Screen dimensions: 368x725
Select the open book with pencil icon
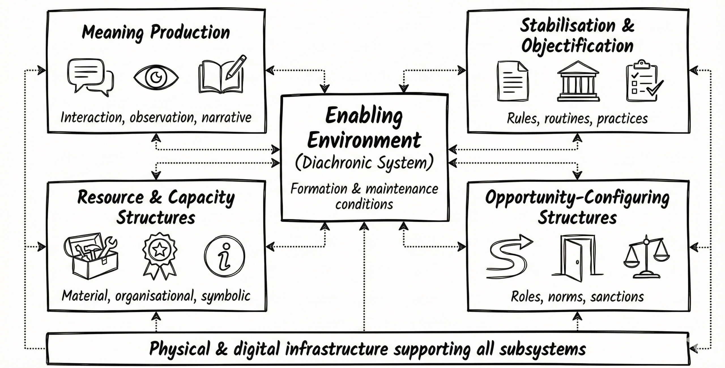(222, 75)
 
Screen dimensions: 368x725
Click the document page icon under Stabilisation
(513, 81)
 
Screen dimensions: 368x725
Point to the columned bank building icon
(578, 82)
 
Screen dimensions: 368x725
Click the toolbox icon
(91, 256)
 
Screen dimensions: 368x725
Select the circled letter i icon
(224, 256)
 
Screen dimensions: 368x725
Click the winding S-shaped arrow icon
(508, 256)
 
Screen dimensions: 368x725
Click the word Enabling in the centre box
(364, 116)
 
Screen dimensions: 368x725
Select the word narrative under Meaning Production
(226, 118)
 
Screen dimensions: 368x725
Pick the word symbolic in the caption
(226, 296)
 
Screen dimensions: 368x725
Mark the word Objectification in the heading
(577, 46)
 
